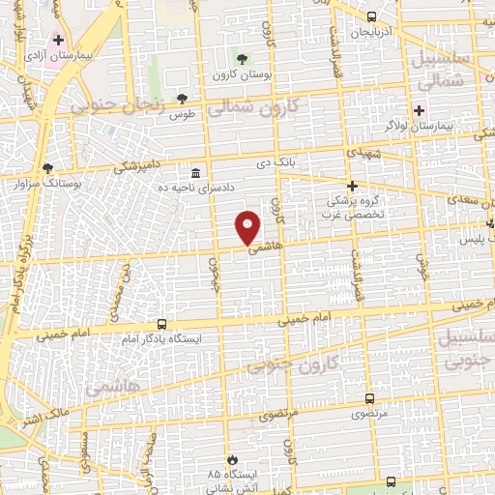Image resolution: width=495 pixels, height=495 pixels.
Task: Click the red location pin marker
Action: coord(248,225)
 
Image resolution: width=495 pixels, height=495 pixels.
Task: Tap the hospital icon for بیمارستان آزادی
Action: coord(59,41)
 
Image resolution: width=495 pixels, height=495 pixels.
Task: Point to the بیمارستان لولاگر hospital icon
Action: coord(419,111)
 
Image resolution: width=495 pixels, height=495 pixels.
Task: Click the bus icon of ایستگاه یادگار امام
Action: coord(161,325)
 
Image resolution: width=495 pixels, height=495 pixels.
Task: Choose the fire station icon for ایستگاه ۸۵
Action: coord(231,458)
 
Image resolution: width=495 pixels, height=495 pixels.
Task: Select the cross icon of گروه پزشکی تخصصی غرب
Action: coord(352,186)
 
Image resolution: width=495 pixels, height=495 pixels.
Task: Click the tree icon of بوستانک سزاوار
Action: coord(47,168)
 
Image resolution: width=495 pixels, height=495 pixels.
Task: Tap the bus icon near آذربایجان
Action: coord(372,16)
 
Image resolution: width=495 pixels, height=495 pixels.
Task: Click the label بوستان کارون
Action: coord(242,74)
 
